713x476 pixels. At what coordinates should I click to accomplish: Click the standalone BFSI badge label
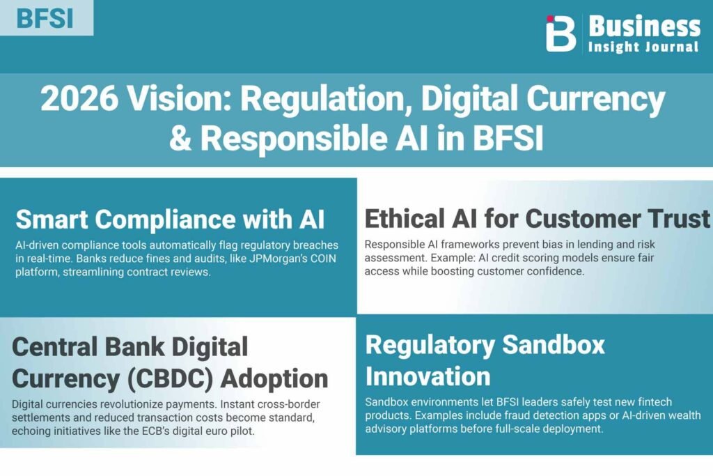pos(45,19)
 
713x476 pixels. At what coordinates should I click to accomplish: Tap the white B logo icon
pos(561,33)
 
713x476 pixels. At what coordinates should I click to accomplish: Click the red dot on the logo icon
pos(550,19)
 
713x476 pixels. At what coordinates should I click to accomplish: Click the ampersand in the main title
pos(180,139)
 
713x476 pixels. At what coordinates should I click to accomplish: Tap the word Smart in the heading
pos(52,220)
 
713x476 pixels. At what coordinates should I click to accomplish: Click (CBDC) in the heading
pos(170,379)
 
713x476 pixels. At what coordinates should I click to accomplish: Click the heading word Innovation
pos(428,377)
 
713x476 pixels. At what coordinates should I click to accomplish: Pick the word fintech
pos(655,402)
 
